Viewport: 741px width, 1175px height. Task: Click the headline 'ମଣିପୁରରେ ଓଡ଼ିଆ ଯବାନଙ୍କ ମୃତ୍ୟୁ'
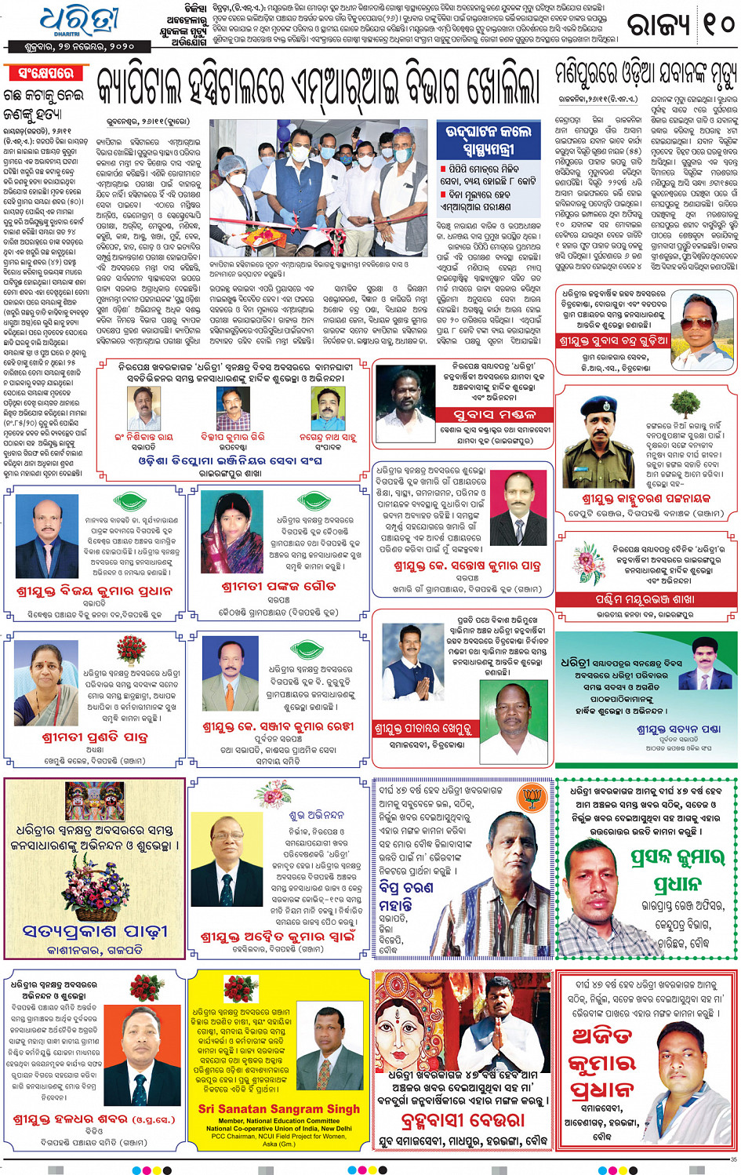645,75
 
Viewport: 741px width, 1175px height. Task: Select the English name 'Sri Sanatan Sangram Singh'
279,1108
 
